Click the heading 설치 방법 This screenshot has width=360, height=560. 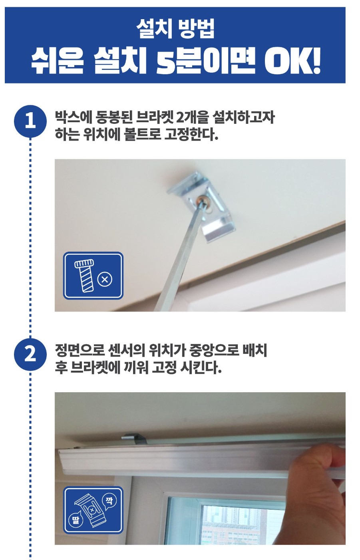click(175, 29)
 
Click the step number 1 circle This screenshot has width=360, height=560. click(30, 121)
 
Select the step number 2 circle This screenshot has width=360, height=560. click(30, 354)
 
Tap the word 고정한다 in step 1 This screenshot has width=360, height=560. click(191, 134)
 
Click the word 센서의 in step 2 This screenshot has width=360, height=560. click(127, 351)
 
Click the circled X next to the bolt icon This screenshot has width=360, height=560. click(105, 279)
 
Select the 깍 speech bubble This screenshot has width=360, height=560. click(109, 502)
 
